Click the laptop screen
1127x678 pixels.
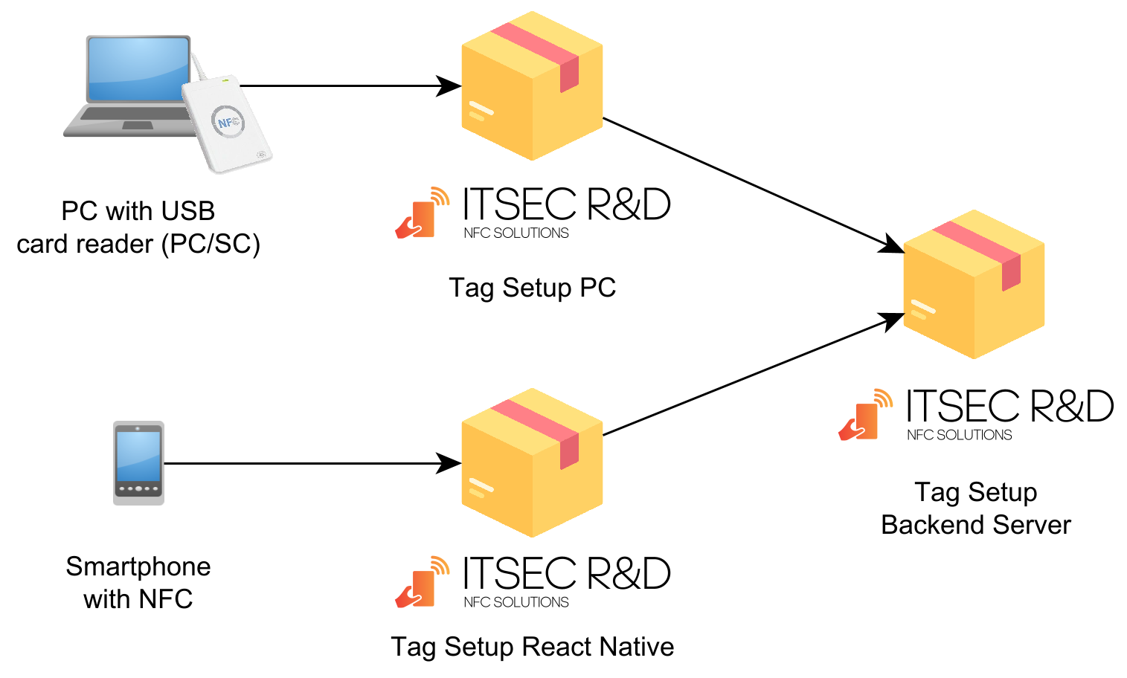138,68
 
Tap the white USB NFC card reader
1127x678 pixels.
227,124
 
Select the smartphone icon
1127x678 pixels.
138,462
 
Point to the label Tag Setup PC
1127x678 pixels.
532,288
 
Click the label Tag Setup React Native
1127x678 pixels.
532,647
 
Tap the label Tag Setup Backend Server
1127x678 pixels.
975,508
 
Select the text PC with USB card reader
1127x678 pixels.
138,227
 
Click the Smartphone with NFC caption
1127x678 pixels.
138,583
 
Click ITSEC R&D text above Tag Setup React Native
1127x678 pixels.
566,574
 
